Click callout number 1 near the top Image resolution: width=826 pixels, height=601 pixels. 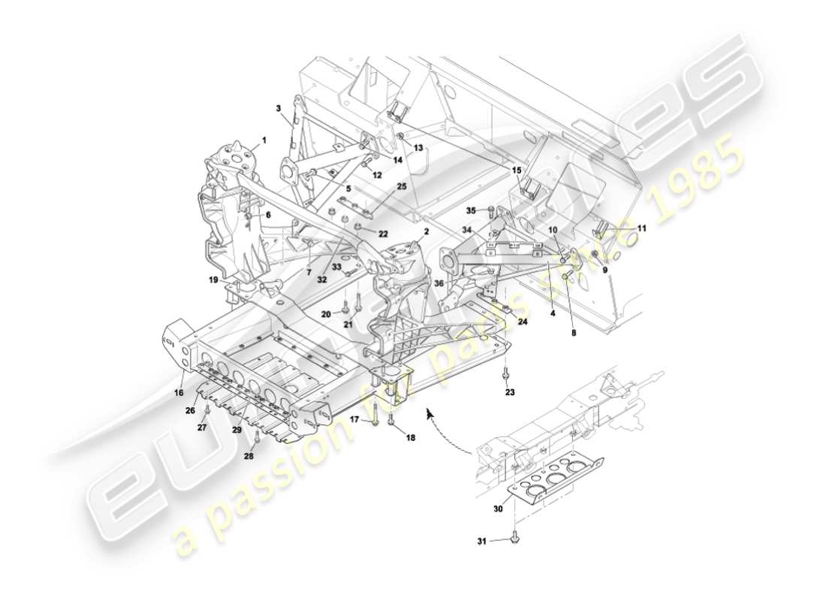coord(264,140)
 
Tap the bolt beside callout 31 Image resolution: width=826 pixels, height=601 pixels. coord(514,537)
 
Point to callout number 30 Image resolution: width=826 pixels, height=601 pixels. coord(498,509)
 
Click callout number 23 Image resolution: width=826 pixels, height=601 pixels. coord(510,391)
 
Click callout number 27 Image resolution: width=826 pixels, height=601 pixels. coord(201,427)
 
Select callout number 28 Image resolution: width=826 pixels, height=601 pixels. coord(249,456)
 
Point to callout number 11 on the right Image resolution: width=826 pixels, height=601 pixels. coord(641,228)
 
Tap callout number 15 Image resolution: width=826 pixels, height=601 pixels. coord(516,171)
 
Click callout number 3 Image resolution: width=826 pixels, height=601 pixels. coord(279,109)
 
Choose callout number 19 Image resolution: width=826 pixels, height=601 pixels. coord(214,279)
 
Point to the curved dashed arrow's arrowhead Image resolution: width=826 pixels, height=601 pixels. coord(429,412)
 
